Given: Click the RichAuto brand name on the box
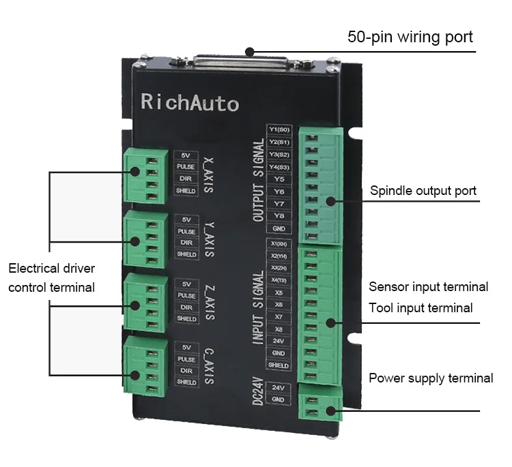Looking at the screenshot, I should [189, 103].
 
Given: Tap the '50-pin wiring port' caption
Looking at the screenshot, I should [410, 36].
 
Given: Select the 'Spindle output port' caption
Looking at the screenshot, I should [423, 191].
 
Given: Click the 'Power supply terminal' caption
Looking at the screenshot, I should [431, 378].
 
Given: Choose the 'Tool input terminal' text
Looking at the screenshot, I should [421, 308].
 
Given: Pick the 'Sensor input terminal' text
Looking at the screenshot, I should [428, 286].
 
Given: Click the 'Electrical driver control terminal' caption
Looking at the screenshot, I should [52, 277].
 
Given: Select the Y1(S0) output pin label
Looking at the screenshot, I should [279, 130].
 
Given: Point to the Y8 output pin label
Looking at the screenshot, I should [279, 216].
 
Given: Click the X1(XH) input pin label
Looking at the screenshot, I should [279, 244].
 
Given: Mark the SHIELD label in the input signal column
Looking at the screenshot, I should [279, 365].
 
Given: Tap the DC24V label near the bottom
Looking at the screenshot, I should [257, 392].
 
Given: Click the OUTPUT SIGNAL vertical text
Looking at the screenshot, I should [258, 180].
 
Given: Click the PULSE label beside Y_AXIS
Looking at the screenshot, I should [186, 232].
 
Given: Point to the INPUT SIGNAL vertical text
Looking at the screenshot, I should [258, 307].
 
